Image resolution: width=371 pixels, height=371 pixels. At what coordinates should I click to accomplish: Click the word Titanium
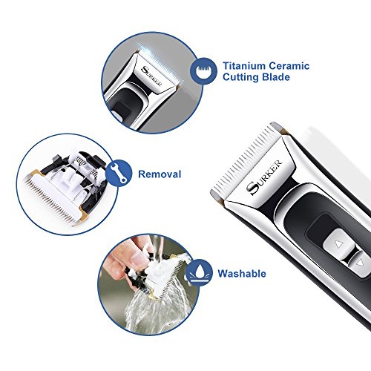[x=244, y=66]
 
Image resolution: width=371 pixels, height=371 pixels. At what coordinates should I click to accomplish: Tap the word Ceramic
[x=289, y=66]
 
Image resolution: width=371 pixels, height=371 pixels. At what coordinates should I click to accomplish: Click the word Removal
[x=160, y=174]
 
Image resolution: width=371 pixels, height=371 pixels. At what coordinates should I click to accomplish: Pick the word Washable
[x=242, y=274]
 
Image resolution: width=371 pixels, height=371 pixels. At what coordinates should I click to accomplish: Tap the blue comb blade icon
[x=203, y=70]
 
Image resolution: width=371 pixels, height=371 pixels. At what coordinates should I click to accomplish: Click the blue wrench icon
[x=119, y=173]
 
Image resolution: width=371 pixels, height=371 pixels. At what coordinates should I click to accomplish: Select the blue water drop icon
[x=199, y=272]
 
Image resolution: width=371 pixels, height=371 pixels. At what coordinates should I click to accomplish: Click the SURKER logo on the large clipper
[x=264, y=177]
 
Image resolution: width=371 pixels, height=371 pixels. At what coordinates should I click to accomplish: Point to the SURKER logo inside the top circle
[x=151, y=76]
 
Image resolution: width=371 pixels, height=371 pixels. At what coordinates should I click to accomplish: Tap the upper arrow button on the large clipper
[x=339, y=243]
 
